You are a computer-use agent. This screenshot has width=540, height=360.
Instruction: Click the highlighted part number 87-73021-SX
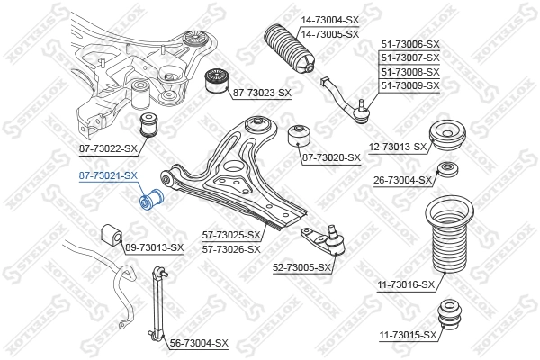tap(108, 175)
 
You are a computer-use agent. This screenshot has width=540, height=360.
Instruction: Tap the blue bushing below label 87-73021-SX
tap(152, 197)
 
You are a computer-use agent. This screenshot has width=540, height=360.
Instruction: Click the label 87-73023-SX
tap(263, 93)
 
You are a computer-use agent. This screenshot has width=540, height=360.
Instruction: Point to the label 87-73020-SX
tap(331, 157)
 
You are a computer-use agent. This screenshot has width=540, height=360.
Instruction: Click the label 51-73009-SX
tap(410, 85)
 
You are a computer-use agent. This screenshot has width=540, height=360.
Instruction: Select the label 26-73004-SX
tap(403, 180)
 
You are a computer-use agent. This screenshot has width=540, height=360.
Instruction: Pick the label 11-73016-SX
tap(406, 284)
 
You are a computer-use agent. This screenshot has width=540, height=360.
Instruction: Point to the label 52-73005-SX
tap(302, 266)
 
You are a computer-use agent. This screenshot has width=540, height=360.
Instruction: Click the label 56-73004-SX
tap(199, 343)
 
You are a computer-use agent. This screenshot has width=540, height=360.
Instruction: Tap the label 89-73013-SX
tap(154, 247)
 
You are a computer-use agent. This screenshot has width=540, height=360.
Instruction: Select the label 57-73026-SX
tap(231, 248)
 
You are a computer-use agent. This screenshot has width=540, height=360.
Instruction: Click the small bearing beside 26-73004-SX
tap(446, 170)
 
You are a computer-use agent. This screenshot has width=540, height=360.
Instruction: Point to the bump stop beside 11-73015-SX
tap(449, 319)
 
